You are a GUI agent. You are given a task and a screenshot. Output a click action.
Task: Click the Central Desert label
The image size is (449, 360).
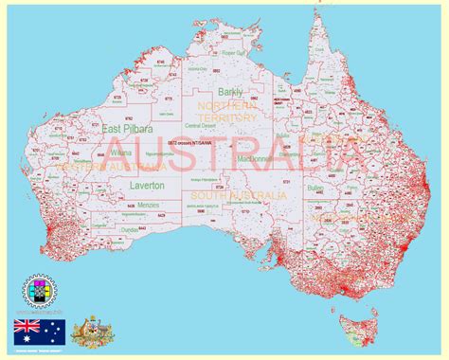(x=200, y=125)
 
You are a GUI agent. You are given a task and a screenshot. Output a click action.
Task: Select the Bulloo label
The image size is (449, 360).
(x=315, y=189)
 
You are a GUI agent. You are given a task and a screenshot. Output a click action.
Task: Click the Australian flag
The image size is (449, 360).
(x=39, y=331)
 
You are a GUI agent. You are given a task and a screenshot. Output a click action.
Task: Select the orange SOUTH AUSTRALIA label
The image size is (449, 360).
(x=248, y=195)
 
